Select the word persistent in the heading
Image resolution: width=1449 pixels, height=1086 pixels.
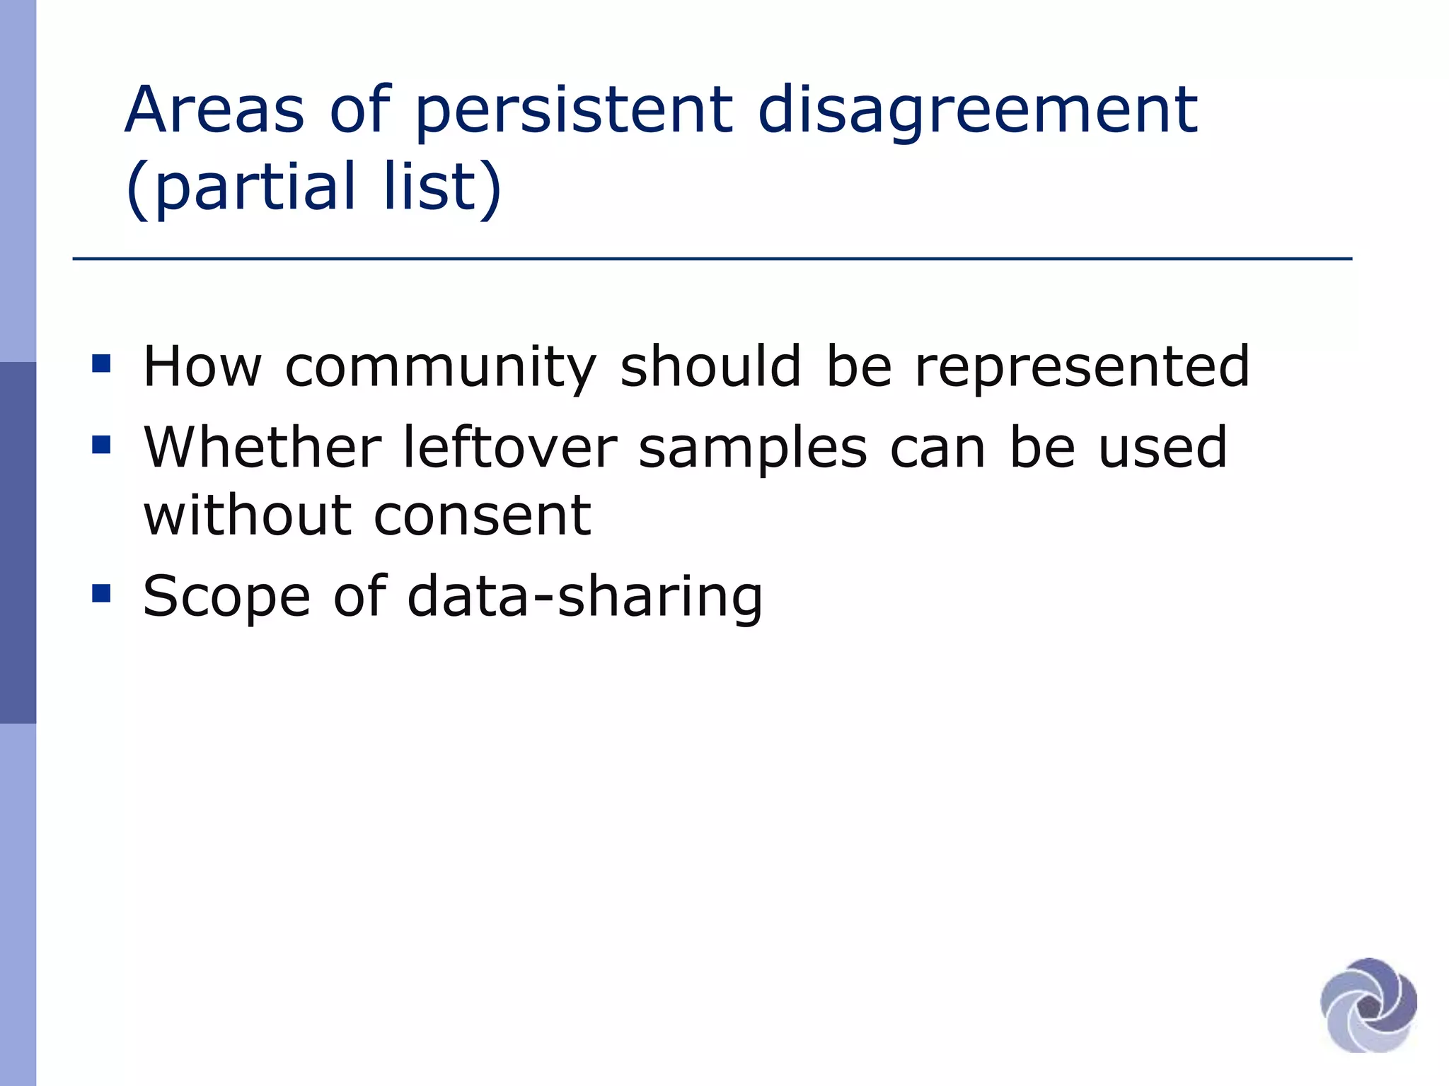[573, 111]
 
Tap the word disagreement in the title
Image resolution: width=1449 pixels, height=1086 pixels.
[977, 111]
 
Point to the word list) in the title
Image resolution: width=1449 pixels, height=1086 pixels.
[442, 186]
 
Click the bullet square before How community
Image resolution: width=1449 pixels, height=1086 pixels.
[101, 364]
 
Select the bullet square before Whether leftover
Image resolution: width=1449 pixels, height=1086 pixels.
[101, 445]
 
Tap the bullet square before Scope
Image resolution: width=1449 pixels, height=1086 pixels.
[101, 593]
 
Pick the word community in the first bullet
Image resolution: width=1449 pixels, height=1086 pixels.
[440, 368]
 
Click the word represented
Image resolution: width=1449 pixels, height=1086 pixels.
[1082, 368]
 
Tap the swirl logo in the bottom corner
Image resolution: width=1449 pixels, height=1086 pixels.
[1368, 1005]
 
